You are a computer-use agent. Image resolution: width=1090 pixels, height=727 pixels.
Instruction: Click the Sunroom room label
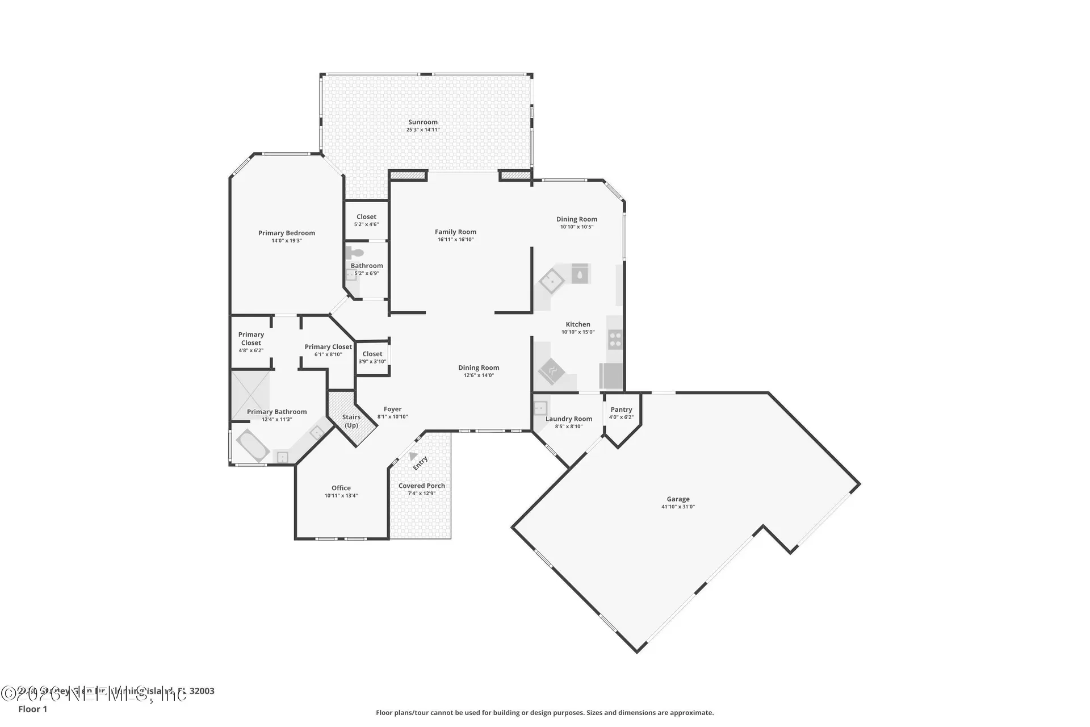(423, 122)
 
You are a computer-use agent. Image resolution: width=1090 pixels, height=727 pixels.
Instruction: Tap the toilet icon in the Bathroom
(356, 253)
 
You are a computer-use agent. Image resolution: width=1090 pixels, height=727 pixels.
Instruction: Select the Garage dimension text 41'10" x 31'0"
(678, 507)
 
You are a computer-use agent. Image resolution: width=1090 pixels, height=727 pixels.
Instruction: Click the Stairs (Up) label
(351, 421)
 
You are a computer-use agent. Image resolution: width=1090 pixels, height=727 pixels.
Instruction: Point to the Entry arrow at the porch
(414, 456)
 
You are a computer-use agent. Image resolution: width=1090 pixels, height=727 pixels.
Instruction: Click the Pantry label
(621, 410)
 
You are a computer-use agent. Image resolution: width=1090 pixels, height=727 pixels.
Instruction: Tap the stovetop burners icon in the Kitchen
(615, 340)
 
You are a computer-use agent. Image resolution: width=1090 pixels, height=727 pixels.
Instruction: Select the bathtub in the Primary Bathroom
(253, 445)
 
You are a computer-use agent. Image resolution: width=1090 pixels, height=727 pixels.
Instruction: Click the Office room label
(341, 488)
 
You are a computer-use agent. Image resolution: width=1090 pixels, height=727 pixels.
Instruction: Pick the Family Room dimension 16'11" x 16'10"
(455, 240)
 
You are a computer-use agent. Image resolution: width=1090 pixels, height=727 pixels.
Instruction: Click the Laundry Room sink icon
(540, 407)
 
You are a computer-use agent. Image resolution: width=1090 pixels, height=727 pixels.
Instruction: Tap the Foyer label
(392, 409)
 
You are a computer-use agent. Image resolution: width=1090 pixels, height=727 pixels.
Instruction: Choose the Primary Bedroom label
(287, 233)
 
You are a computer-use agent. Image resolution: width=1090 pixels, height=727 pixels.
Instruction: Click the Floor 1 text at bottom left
(32, 709)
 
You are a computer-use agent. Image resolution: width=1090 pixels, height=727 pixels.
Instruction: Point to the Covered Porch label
(422, 486)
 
